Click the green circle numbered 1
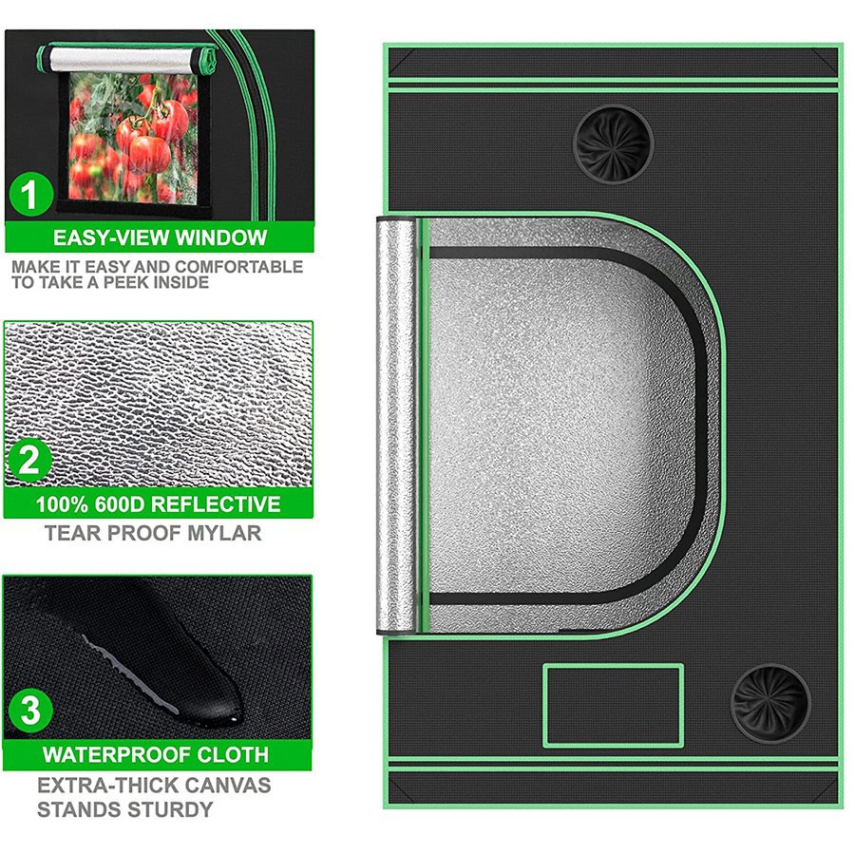point(30,197)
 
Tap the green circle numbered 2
point(29,462)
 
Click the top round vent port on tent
point(614,143)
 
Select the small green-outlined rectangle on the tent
point(613,705)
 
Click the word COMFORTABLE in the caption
point(238,267)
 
